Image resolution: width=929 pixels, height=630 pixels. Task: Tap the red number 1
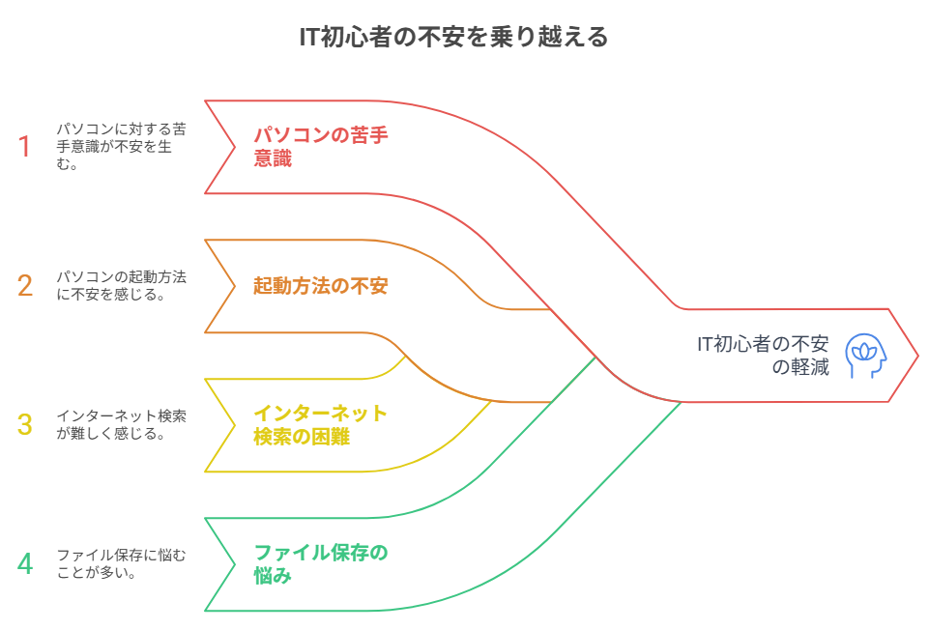(x=25, y=147)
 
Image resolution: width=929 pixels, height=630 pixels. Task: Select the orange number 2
(x=25, y=286)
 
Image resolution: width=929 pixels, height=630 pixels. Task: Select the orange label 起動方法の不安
(x=320, y=286)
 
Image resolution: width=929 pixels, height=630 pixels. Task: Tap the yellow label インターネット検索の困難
(x=320, y=425)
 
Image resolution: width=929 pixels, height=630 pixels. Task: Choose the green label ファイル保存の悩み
(x=320, y=564)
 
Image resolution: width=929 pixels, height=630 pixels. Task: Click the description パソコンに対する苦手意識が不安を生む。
(x=121, y=147)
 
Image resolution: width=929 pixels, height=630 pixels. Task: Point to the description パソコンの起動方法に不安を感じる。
(x=121, y=286)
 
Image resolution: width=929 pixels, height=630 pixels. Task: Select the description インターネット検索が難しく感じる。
(x=121, y=425)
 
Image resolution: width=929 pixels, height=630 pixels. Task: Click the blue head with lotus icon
(x=865, y=356)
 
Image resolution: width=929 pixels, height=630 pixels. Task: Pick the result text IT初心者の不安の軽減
(x=764, y=356)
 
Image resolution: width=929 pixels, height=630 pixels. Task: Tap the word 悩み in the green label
(x=273, y=577)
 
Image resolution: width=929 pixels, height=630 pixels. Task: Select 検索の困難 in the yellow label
(x=302, y=438)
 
